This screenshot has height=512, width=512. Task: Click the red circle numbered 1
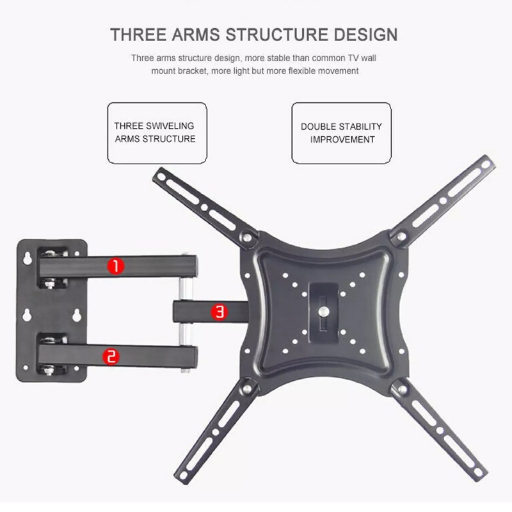[x=116, y=266]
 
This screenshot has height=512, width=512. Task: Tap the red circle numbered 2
[x=111, y=356]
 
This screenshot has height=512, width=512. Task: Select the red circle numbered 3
[x=220, y=312]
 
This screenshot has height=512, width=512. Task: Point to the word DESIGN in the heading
[x=365, y=35]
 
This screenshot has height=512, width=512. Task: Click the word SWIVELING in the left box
[x=170, y=125]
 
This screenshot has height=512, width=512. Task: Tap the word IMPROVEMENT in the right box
[x=342, y=140]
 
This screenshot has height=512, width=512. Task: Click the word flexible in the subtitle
[x=301, y=71]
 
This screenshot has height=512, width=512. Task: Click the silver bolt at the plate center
[x=324, y=311]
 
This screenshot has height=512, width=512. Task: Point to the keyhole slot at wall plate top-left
[x=28, y=258]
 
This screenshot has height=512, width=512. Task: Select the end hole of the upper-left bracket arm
[x=161, y=177]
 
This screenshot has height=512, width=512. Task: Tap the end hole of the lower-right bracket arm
[x=478, y=471]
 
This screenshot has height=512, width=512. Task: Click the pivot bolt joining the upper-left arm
[x=247, y=237]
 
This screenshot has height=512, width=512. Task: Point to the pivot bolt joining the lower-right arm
[x=403, y=389]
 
